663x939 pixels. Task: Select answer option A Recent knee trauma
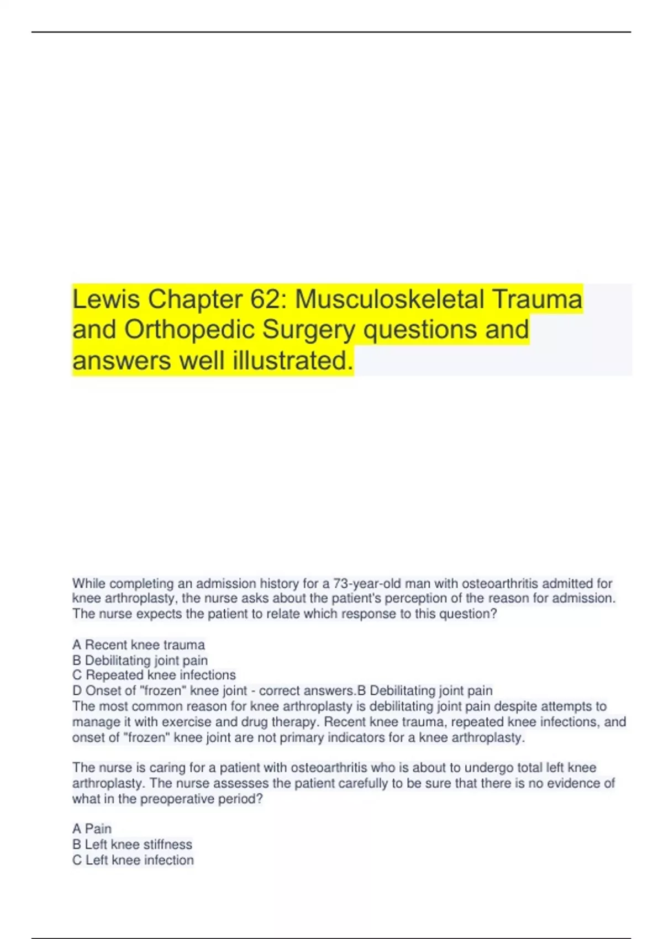[x=139, y=645]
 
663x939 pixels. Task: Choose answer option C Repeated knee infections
[x=154, y=675]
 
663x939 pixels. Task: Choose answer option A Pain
[x=92, y=829]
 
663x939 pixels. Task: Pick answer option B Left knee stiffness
[x=133, y=844]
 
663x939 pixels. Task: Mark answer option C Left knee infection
[x=133, y=860]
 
